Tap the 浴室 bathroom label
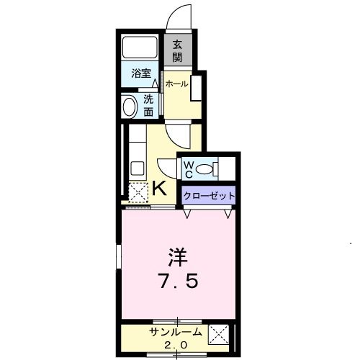pyautogui.click(x=141, y=73)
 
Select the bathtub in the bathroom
pyautogui.click(x=141, y=48)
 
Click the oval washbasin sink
pyautogui.click(x=130, y=107)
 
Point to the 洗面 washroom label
pyautogui.click(x=148, y=106)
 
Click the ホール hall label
pyautogui.click(x=176, y=84)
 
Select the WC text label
pyautogui.click(x=186, y=170)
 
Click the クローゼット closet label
pyautogui.click(x=209, y=195)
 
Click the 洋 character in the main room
pyautogui.click(x=177, y=257)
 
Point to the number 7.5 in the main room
pyautogui.click(x=177, y=281)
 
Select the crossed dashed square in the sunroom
pyautogui.click(x=218, y=336)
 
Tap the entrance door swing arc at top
pyautogui.click(x=181, y=17)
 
